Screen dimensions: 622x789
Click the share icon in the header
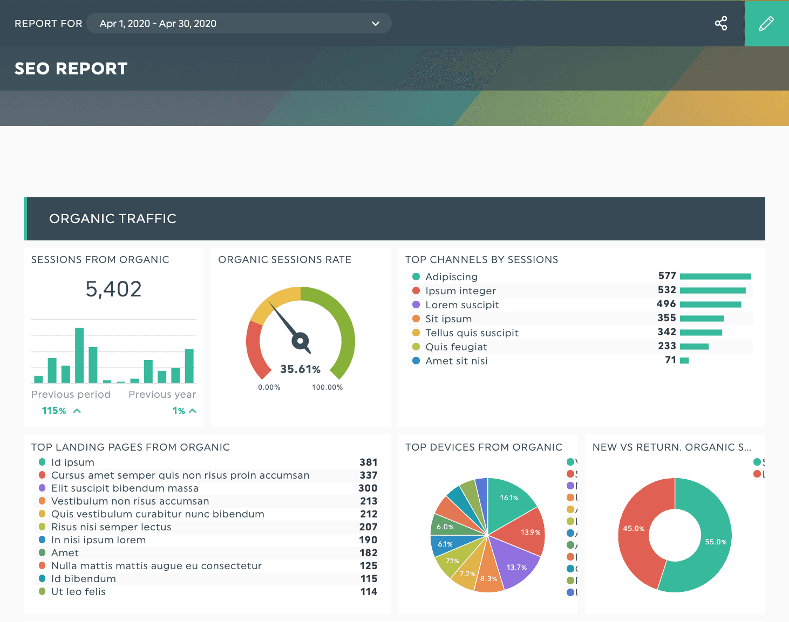[720, 23]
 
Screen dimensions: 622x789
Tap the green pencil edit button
[766, 23]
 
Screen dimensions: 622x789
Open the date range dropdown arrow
[376, 24]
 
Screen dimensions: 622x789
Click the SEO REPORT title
[71, 68]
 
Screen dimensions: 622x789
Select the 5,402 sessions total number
[113, 289]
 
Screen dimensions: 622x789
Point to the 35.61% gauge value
[300, 369]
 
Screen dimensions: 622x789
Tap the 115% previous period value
[54, 411]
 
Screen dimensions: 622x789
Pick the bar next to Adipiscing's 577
[715, 277]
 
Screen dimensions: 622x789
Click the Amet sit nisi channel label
[456, 361]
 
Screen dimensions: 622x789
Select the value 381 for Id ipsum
[368, 462]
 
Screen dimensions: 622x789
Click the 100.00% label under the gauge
[327, 388]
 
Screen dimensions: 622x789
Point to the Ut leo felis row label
[78, 592]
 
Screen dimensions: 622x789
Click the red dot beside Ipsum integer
[416, 291]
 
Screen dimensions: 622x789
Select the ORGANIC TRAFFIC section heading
[113, 219]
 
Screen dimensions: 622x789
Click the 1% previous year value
[179, 411]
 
